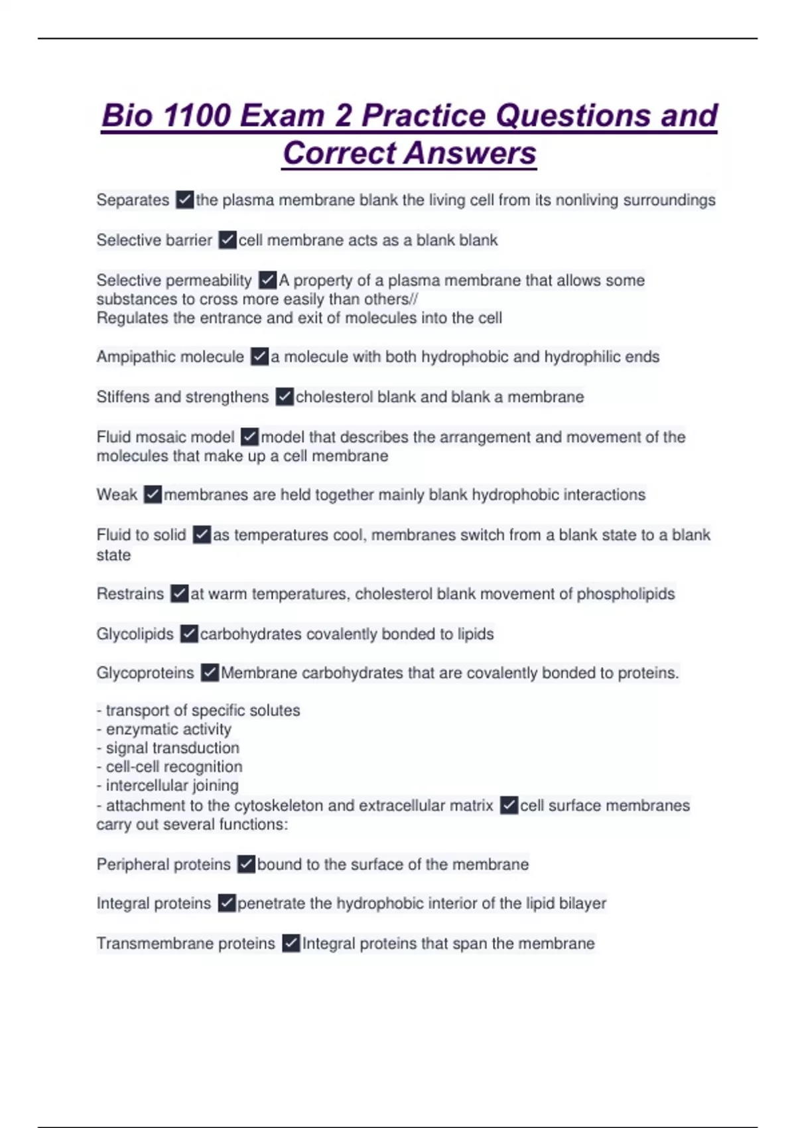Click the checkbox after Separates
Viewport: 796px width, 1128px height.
184,200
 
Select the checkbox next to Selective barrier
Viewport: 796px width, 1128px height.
227,240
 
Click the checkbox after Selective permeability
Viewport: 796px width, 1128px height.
267,280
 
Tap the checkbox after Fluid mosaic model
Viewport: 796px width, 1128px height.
249,437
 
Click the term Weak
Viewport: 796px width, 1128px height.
117,494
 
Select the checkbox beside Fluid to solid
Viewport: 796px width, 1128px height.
202,535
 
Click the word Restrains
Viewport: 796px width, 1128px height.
130,593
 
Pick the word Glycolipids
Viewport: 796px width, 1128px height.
135,634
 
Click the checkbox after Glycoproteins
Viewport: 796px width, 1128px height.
210,673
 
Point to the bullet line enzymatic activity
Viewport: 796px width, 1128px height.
168,729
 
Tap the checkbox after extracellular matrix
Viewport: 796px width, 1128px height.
509,806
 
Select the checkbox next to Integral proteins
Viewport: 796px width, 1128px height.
227,903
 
